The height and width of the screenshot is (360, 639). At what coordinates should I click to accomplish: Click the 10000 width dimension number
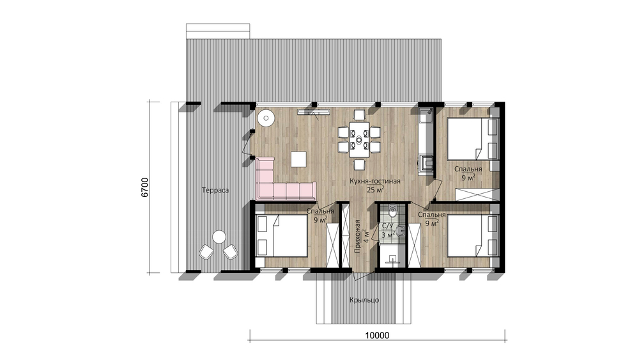377,336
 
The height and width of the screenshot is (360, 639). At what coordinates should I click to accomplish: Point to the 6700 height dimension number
145,187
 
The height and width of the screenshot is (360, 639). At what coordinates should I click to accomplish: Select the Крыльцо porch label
364,300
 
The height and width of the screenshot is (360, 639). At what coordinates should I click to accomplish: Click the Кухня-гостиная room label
374,182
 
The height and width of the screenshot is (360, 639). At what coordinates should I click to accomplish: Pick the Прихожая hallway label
358,237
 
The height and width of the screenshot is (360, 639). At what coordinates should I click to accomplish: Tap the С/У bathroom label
387,226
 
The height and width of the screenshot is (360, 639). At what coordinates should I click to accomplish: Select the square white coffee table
298,159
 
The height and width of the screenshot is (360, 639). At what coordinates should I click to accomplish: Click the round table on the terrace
219,237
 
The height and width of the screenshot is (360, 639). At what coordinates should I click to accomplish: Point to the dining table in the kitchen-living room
359,139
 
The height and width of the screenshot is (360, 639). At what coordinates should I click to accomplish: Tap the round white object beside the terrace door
266,118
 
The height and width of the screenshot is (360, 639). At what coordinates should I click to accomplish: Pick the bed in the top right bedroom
473,139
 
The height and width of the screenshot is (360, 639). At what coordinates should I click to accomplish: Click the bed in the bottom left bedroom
282,236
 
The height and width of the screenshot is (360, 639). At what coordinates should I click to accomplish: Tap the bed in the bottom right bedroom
473,236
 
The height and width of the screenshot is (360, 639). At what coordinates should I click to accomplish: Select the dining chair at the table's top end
359,115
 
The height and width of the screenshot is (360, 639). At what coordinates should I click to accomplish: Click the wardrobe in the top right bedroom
477,194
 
